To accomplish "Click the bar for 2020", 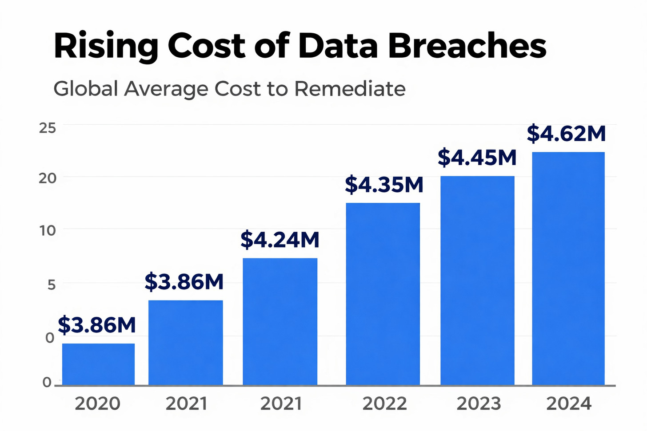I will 98,364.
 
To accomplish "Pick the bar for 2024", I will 568,269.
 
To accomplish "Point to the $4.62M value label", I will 566,134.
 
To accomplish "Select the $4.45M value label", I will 477,158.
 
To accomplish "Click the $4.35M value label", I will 384,185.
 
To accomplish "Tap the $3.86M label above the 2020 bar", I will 97,325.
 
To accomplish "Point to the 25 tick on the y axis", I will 48,128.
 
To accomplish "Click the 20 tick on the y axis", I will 48,178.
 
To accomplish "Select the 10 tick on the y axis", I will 48,230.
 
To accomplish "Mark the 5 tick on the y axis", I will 52,285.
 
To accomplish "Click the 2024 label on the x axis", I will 569,403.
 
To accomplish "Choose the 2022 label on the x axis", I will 384,403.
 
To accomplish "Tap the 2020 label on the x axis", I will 97,403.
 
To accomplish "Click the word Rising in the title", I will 106,47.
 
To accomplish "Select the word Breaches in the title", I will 467,46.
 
